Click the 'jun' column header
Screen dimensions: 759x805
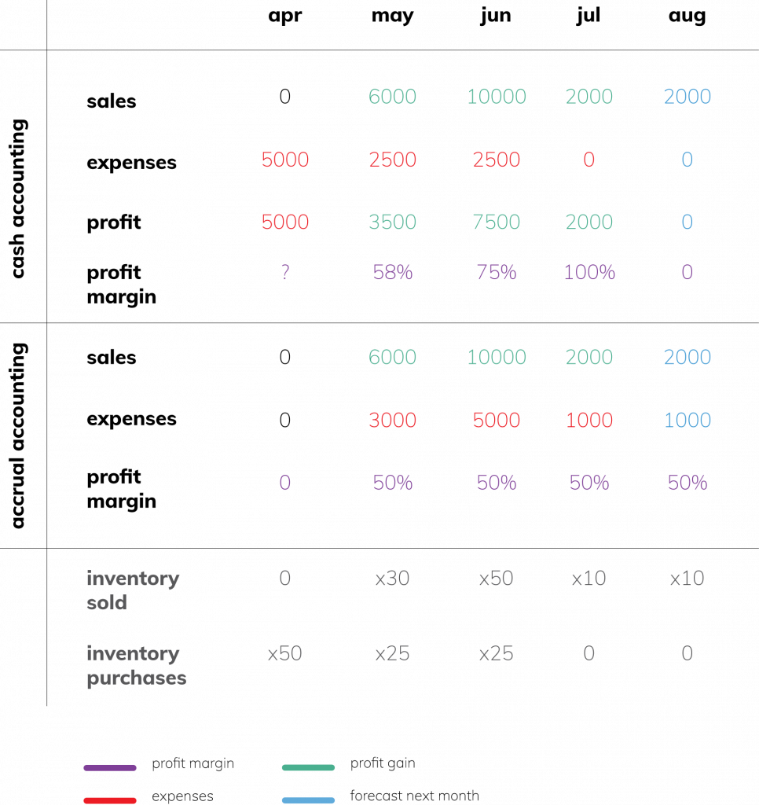(x=496, y=16)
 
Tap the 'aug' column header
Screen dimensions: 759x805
(x=687, y=16)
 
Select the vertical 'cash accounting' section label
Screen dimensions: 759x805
(x=18, y=199)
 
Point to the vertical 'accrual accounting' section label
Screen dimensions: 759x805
(x=18, y=436)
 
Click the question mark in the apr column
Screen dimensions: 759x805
(x=285, y=271)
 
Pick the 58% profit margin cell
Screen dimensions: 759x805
(x=393, y=272)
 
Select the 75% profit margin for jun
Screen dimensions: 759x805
(x=497, y=272)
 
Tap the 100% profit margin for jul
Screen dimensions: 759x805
(x=589, y=272)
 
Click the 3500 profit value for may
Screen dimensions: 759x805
(x=393, y=222)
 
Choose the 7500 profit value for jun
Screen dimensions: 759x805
(x=497, y=222)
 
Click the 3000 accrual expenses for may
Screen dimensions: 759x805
(x=393, y=420)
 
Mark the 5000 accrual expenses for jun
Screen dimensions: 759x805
(x=497, y=420)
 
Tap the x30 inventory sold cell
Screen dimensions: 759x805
(x=393, y=578)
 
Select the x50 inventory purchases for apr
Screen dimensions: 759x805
(x=284, y=653)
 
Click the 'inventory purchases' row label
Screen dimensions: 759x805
(x=137, y=665)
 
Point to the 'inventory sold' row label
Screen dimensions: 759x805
(x=133, y=590)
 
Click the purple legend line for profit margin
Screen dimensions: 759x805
(x=110, y=767)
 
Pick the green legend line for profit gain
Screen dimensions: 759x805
(x=309, y=767)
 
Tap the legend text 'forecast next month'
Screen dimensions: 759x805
(x=415, y=796)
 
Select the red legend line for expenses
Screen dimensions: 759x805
(x=110, y=800)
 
